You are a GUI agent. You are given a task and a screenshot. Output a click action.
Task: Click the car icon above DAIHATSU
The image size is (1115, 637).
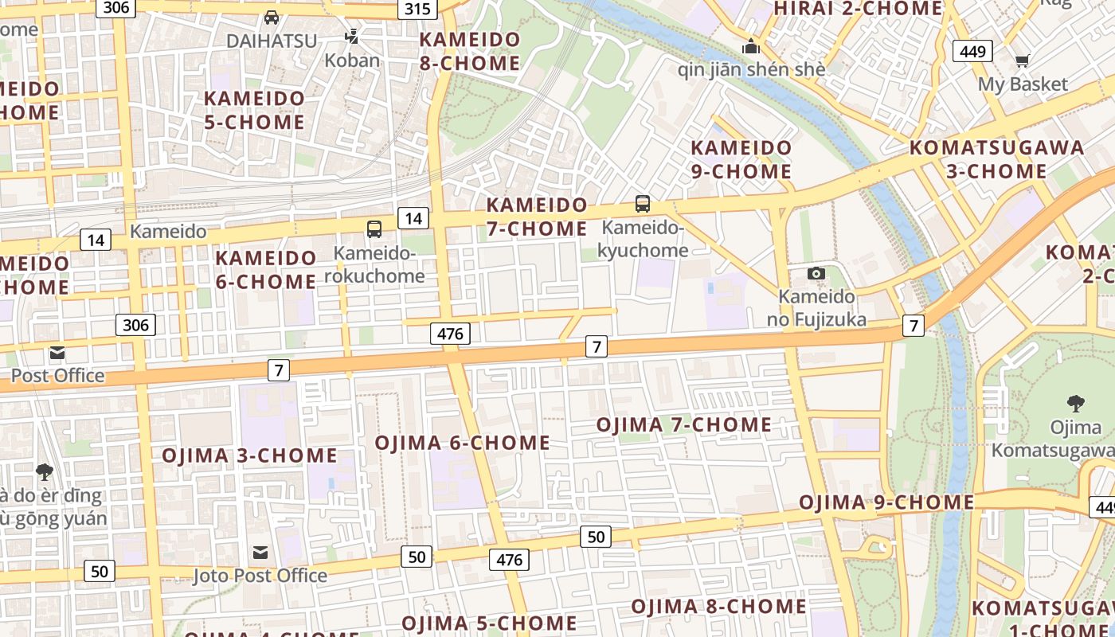click(272, 17)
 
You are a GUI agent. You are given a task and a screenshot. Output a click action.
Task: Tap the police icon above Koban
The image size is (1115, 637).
click(352, 36)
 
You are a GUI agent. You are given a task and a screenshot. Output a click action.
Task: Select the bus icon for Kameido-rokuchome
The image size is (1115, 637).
click(374, 229)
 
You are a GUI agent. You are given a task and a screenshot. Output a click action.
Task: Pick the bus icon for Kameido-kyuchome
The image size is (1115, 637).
click(643, 204)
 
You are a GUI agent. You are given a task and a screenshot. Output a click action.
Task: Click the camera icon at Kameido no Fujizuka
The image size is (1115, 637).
click(816, 274)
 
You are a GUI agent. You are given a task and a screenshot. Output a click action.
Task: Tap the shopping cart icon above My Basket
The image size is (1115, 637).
click(1022, 61)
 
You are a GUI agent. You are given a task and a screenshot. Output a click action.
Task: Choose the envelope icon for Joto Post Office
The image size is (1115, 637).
click(260, 553)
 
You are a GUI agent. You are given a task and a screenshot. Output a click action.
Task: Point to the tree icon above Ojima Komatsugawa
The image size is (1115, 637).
click(1075, 404)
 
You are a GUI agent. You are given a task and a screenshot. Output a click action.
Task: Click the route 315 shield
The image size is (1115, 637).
click(417, 10)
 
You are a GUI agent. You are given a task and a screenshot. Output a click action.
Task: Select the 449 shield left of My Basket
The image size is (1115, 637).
click(972, 52)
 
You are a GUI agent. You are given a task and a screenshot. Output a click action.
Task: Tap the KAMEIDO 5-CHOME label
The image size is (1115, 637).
click(255, 110)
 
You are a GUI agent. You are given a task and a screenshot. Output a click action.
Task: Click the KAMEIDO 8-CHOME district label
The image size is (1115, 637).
click(470, 51)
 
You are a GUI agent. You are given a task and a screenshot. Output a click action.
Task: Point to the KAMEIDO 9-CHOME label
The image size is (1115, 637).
click(741, 159)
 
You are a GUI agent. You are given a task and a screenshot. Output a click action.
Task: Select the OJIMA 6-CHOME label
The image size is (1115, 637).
click(463, 443)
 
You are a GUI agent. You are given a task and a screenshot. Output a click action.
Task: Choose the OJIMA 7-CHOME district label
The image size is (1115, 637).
click(684, 424)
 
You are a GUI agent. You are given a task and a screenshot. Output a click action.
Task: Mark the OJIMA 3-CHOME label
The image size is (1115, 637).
click(250, 455)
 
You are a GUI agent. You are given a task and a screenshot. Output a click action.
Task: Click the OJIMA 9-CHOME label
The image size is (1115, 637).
click(886, 502)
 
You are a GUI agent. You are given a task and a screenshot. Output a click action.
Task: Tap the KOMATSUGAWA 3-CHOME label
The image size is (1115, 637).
click(996, 159)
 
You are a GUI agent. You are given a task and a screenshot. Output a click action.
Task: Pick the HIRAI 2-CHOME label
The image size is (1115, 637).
click(858, 9)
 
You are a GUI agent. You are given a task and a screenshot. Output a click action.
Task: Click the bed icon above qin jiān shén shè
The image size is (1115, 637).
click(750, 47)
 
